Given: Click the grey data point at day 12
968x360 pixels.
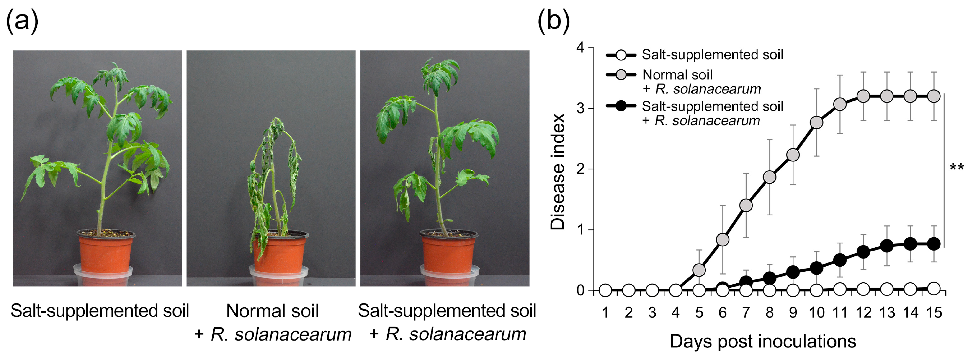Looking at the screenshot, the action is coord(864,96).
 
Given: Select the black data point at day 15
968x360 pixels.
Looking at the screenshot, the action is coord(934,244).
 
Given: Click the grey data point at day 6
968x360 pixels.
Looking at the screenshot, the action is coord(723,239).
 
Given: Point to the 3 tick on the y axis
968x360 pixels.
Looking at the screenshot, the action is coord(591,109).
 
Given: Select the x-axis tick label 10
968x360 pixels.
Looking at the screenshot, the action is coord(816,313).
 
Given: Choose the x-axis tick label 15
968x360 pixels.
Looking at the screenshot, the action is coord(934,313).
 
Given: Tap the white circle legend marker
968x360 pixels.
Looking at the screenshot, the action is coord(621,55).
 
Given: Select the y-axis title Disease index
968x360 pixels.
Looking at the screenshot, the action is coord(558,172).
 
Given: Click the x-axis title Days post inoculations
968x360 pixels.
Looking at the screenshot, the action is coord(763,342).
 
